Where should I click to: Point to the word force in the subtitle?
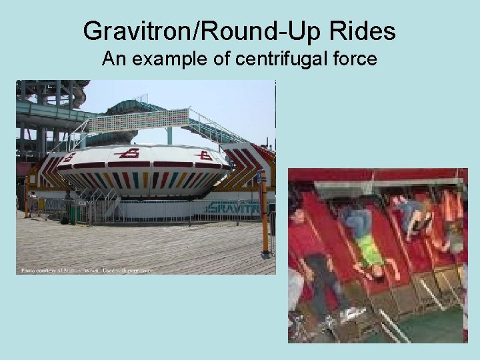353,60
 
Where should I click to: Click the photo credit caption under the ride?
87,270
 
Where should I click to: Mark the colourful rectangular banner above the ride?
139,120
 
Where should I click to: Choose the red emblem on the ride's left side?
70,157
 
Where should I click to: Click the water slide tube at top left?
50,107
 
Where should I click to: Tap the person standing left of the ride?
31,203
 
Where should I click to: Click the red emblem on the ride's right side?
205,155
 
